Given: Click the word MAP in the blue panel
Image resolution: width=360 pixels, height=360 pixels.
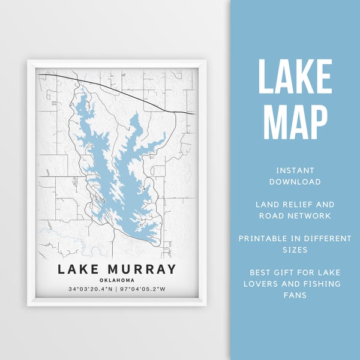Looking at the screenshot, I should [x=295, y=122].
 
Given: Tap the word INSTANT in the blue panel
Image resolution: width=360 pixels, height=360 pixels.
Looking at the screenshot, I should [x=295, y=170].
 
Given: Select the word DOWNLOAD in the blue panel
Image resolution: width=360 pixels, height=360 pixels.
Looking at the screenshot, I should [x=295, y=181].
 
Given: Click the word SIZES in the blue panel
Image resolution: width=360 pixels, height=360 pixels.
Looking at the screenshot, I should [x=295, y=250].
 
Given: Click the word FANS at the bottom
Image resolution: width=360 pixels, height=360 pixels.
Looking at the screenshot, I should [x=295, y=295].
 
